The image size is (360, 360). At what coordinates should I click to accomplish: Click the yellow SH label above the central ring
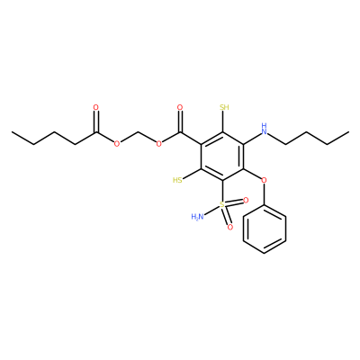point(224,107)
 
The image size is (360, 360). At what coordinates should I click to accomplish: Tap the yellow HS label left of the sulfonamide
point(177,180)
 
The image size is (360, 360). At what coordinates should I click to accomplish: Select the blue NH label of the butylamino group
point(264,129)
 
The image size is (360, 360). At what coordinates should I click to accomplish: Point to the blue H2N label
point(197,216)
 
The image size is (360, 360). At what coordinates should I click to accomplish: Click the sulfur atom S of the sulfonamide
point(222,204)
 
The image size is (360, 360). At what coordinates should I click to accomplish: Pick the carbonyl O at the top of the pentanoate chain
point(96,107)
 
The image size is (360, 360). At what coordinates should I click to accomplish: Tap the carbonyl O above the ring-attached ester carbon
point(180,107)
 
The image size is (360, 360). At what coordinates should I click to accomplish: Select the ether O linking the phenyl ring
point(264,180)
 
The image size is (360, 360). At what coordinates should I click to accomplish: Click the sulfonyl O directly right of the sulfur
point(246,200)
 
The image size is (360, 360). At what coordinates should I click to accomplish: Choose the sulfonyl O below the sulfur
point(230,228)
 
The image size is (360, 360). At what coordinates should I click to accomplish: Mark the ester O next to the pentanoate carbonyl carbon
point(117,144)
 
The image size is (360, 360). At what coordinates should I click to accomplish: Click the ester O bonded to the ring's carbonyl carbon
point(159,144)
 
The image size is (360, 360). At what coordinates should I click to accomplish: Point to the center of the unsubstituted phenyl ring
point(264,229)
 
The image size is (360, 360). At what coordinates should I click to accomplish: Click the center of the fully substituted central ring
point(222,156)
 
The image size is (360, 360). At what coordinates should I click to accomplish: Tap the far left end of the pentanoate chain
point(12,131)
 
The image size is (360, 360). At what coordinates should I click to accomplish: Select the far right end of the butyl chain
point(348,131)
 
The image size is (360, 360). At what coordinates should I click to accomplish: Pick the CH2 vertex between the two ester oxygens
point(138,131)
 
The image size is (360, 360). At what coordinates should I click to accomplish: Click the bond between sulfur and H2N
point(211,210)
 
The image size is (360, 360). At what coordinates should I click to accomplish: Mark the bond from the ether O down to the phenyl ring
point(264,194)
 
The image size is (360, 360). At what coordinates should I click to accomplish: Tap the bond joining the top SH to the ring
point(222,121)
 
